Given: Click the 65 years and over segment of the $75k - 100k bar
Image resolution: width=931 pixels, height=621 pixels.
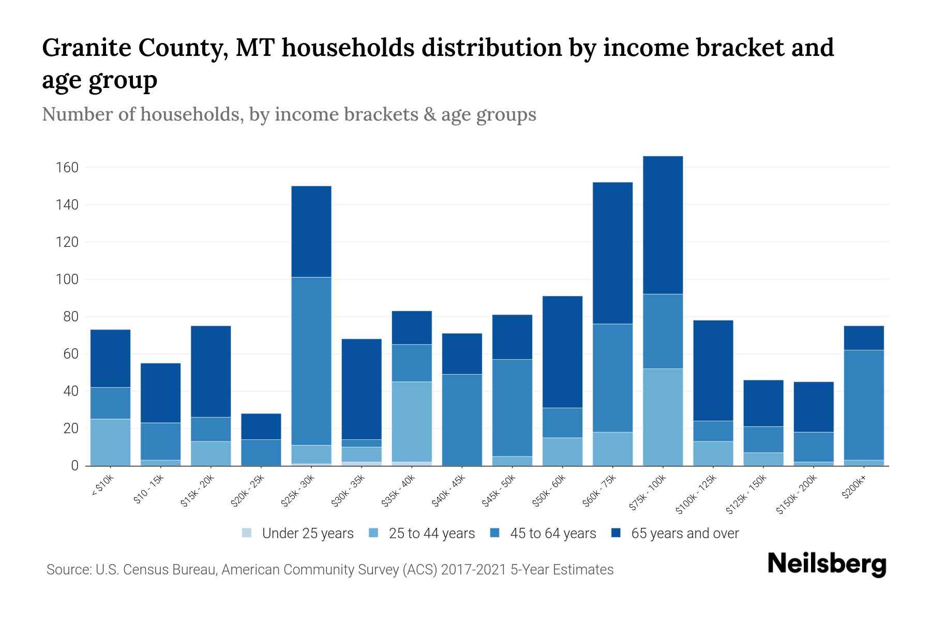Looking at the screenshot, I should click(x=663, y=225).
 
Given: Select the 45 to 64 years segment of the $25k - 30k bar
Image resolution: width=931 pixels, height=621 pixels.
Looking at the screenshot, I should click(x=311, y=361).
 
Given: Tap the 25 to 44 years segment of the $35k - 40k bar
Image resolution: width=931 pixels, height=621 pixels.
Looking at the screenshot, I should click(x=412, y=422).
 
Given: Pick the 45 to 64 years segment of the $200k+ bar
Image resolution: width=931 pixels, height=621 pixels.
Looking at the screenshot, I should click(x=863, y=405).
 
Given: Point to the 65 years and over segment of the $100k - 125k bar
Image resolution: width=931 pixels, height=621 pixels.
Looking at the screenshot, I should click(x=713, y=371).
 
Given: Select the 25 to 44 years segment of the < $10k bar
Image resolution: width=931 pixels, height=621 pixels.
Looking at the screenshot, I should click(x=110, y=442).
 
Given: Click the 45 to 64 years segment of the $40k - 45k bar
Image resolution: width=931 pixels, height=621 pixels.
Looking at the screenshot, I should click(x=462, y=420).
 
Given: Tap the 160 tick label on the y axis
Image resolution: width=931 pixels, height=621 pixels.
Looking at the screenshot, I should click(x=67, y=168).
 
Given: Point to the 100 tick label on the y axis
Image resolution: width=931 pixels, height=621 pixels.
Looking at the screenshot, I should click(x=67, y=279).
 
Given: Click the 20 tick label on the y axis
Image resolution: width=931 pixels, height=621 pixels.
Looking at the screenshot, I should click(x=70, y=428).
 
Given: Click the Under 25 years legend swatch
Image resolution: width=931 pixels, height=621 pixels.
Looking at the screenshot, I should click(x=247, y=533).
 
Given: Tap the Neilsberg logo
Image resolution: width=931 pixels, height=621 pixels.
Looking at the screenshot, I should click(x=827, y=564).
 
